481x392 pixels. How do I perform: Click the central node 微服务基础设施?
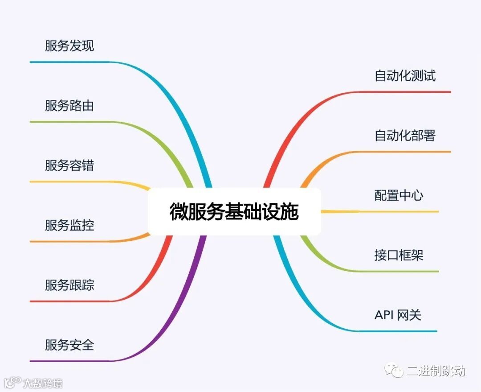coord(234,211)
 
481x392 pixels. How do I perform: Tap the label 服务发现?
coord(69,46)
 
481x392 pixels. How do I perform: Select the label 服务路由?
coord(69,106)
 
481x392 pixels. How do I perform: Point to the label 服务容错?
coord(69,166)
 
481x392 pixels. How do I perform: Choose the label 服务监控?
coord(69,225)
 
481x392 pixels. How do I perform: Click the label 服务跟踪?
coord(69,285)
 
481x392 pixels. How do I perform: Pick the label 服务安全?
coord(69,345)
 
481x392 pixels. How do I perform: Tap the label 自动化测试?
coord(405,76)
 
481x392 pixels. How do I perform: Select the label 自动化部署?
coord(405,136)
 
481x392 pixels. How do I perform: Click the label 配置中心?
coord(399,195)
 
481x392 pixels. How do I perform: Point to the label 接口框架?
coord(399,256)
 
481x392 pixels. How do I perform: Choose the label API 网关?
coord(398,315)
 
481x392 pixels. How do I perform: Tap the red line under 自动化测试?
coord(405,92)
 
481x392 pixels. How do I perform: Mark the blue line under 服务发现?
coord(71,62)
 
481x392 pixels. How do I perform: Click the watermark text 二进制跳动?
coord(436,371)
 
